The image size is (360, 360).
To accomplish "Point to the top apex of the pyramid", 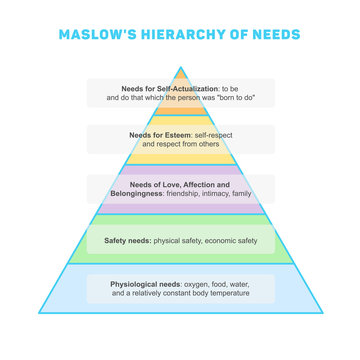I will coord(180,67).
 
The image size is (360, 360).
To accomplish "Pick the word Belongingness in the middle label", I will coord(156,194).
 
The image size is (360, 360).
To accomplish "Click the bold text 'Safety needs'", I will coord(126,240).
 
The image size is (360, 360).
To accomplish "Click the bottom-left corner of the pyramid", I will coord(37,311).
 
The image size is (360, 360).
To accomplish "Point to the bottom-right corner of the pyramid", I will coord(323,311).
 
